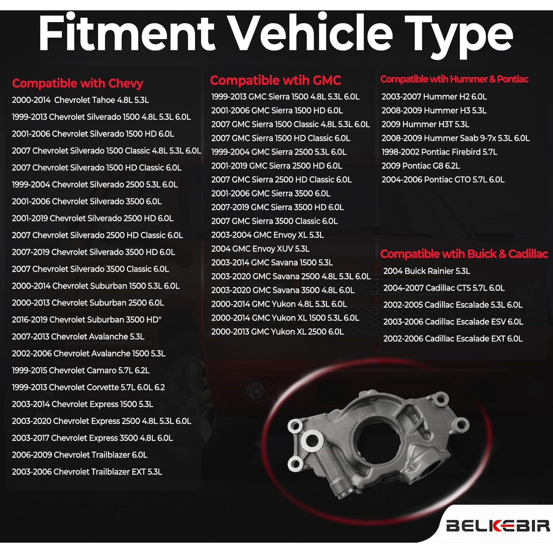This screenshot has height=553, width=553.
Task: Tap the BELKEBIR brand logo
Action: [498, 525]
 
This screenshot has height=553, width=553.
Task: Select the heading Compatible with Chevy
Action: [77, 83]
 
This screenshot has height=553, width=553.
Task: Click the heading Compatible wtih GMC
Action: [275, 80]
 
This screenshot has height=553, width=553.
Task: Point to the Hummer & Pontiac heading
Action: [454, 79]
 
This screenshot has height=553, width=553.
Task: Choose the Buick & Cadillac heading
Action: [464, 254]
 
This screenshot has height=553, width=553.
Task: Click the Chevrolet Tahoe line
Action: [80, 100]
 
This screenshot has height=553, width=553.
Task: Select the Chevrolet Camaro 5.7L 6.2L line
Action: [81, 370]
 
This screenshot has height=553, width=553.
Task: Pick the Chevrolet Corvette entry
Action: [88, 387]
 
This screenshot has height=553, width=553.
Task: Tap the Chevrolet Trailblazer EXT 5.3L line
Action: [87, 472]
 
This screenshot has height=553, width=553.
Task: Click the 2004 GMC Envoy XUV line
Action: [260, 249]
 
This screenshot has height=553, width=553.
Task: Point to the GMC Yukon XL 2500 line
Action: [277, 332]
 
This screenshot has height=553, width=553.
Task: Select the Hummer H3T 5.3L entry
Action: [425, 124]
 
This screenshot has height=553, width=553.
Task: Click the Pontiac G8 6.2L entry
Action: [421, 166]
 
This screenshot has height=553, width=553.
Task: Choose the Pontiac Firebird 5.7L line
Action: [439, 152]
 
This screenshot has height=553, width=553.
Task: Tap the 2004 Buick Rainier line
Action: [427, 271]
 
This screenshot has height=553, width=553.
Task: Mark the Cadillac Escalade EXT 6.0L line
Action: [453, 338]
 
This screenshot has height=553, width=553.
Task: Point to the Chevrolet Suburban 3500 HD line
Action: [87, 320]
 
